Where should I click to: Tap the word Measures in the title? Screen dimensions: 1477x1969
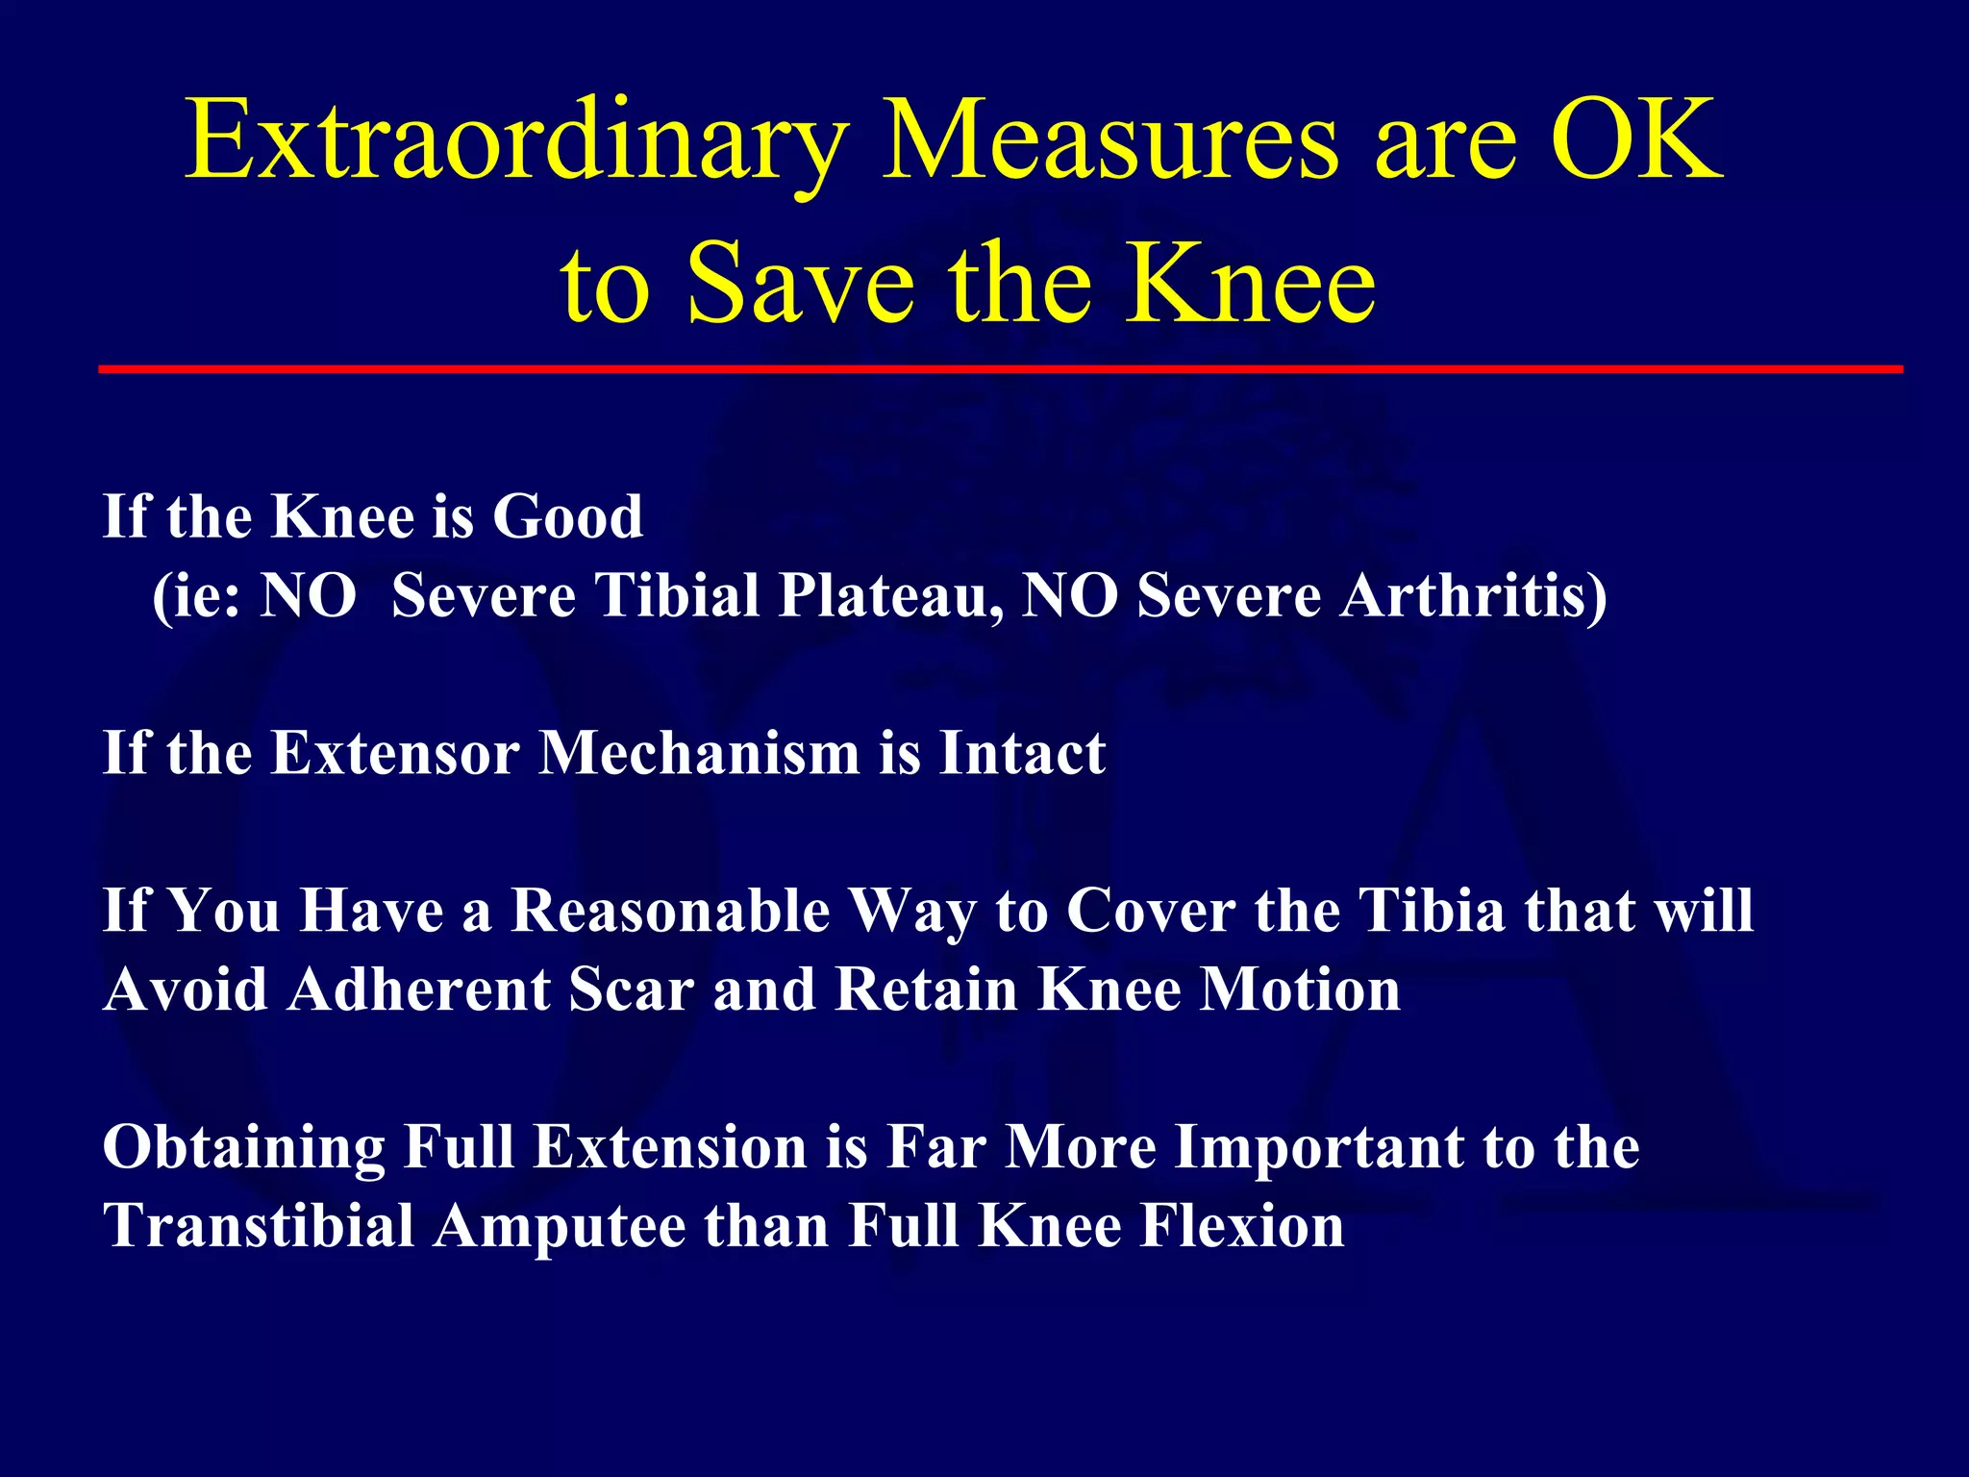click(1110, 142)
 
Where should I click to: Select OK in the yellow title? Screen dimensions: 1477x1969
click(1636, 142)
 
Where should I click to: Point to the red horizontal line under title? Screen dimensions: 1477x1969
click(1000, 369)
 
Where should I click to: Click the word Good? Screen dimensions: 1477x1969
click(567, 517)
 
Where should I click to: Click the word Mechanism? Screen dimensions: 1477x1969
click(699, 753)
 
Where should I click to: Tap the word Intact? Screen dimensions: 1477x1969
click(1022, 753)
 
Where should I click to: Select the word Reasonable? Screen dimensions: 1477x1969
click(670, 911)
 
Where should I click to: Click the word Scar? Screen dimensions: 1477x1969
click(631, 989)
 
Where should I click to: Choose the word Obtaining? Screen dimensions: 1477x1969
click(244, 1148)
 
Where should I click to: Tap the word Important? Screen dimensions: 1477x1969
click(1318, 1148)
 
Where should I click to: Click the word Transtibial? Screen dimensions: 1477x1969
click(259, 1227)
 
